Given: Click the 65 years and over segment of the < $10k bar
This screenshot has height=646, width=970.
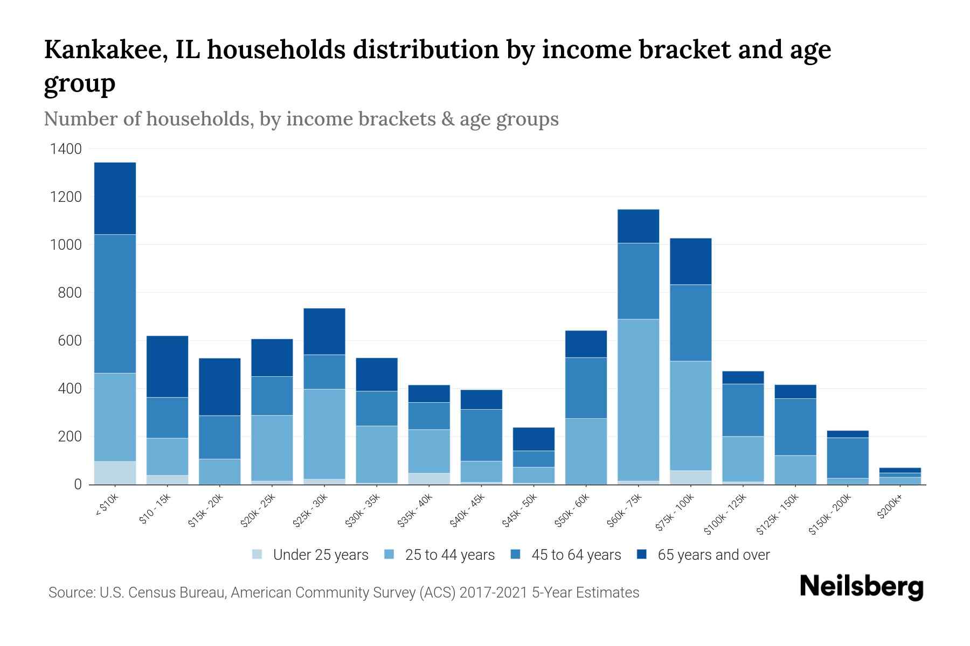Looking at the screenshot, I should coord(115,198).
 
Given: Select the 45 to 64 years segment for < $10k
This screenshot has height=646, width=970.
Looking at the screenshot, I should coord(115,304).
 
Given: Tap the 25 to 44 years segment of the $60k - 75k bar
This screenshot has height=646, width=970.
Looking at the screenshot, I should coord(638,399).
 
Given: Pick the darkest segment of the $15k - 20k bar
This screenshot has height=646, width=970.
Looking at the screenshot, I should coord(219,387).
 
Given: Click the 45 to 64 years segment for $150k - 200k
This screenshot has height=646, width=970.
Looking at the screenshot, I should coord(848,458).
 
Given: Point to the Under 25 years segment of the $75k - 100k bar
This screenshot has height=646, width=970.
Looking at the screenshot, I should coord(690,478).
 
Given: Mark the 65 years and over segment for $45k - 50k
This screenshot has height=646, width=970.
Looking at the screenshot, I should coord(533,439).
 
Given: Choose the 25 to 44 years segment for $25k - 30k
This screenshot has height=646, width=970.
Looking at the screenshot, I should coord(324,434).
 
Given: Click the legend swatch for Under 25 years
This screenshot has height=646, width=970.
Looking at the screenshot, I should coord(258,554).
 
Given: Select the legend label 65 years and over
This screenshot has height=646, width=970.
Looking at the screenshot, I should coord(713,555).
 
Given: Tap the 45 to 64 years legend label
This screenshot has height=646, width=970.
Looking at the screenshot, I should coord(576,555).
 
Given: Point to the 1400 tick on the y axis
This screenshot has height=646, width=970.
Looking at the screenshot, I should coord(66,149).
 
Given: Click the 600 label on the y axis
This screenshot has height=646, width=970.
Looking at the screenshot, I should coord(70,341).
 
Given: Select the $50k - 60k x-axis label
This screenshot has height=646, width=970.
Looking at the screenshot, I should coord(573,511).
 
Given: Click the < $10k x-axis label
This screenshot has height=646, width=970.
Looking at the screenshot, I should coord(107,506).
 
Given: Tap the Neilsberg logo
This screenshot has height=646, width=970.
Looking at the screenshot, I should coord(861,586).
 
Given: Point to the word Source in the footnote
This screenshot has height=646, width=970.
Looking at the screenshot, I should coord(71,593).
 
